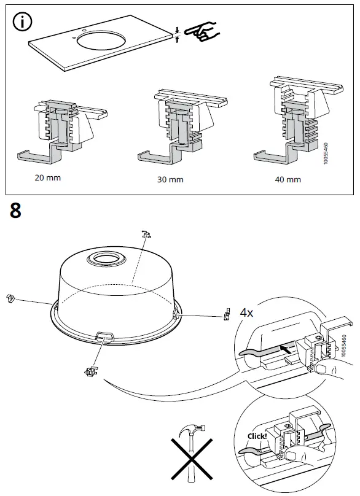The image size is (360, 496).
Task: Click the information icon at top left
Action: click(23, 24)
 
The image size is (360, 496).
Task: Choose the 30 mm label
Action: click(170, 181)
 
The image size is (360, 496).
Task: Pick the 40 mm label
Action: click(288, 179)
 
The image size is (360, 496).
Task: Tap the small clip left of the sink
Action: click(10, 298)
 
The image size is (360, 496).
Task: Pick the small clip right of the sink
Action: click(225, 315)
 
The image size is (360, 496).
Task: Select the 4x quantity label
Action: click(246, 312)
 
